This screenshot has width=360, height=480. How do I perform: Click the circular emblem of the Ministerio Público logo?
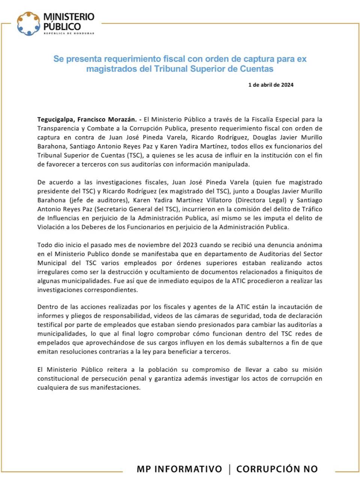pos(28,24)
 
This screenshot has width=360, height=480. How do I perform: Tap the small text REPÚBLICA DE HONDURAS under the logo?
pos(69,34)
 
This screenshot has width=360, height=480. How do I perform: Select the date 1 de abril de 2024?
pos(271,85)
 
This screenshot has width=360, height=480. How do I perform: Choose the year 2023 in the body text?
pos(190,245)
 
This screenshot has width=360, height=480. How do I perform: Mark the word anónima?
pos(309,245)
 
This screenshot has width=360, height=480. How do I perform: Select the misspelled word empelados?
pos(52,343)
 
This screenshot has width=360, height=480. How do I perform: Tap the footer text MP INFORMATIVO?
pos(179,469)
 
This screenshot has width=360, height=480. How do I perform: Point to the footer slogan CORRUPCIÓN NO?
pos(277,469)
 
